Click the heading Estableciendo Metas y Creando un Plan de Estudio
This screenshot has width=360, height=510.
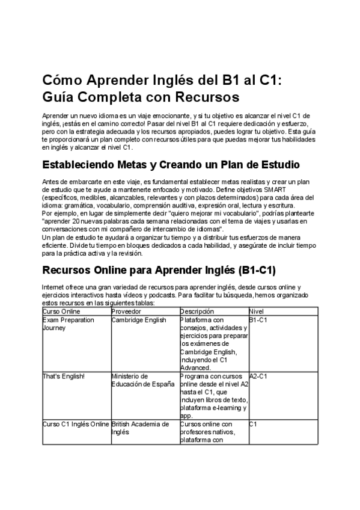click(171, 165)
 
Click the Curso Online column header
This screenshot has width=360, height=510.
click(61, 312)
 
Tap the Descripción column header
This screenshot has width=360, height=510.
click(197, 312)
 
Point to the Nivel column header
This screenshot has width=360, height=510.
click(256, 312)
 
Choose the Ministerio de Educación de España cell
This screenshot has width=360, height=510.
click(143, 380)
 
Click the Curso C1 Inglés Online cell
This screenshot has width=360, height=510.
click(76, 424)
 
